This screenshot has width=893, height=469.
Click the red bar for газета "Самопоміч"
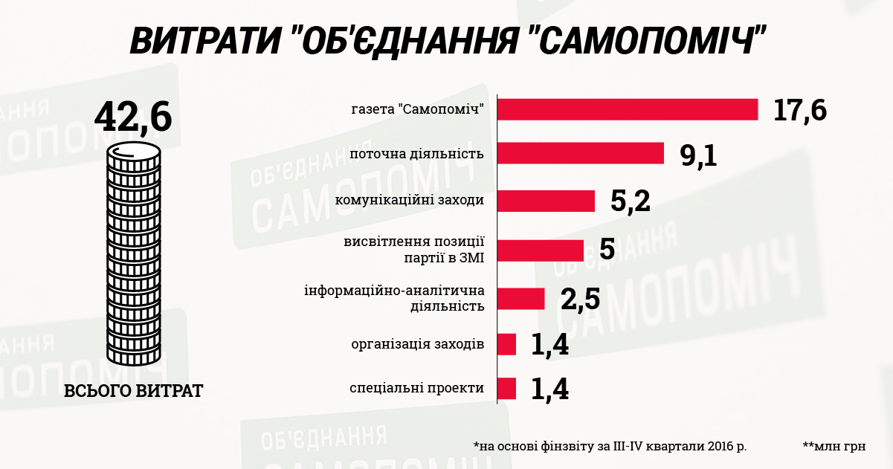coord(628,109)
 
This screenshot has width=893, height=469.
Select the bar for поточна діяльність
coord(580,153)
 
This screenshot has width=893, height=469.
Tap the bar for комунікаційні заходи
coord(546,201)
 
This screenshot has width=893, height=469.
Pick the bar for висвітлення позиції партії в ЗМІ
coord(540,250)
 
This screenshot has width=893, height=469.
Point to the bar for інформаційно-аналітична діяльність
coord(520,298)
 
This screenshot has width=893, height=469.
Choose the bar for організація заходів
coord(506,344)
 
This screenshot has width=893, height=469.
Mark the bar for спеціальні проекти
coord(506,389)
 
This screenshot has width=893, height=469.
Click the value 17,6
coord(799,110)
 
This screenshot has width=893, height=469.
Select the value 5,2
coord(631,201)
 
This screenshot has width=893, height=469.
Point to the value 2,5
coord(580,300)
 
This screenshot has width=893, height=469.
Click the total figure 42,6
coord(133,117)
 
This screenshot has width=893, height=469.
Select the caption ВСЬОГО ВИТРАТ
coord(134,391)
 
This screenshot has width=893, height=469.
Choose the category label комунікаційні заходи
coord(410,201)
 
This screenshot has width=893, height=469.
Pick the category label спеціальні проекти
coord(417,389)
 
